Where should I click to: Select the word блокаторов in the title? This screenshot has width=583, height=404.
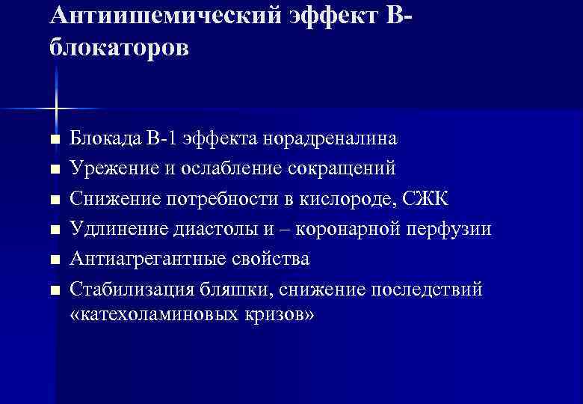click(120, 48)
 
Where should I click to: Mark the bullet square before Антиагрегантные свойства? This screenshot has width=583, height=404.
click(52, 260)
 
